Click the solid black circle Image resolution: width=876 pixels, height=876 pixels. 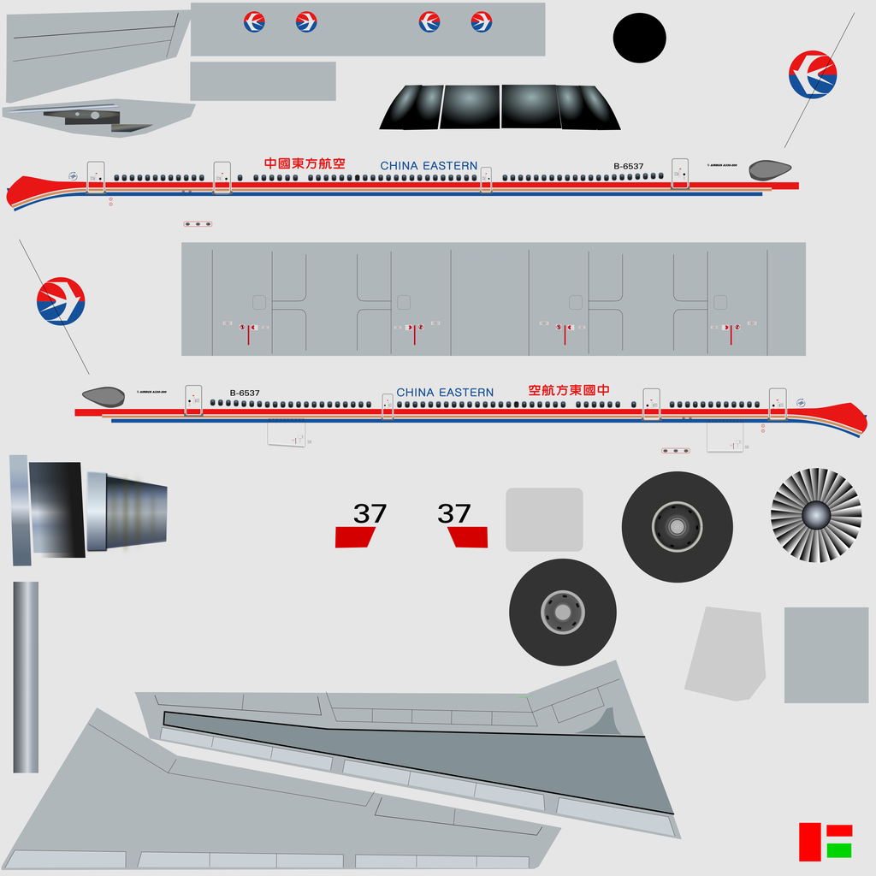[639, 38]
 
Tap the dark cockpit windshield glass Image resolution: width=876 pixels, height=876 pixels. [500, 107]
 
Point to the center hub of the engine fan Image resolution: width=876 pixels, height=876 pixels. [815, 515]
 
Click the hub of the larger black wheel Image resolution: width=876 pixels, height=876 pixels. [677, 527]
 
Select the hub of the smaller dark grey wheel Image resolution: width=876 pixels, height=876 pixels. [562, 613]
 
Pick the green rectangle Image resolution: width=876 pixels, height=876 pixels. [839, 850]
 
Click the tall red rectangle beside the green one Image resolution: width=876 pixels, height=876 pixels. [809, 842]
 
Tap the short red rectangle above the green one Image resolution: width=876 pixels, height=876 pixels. [839, 831]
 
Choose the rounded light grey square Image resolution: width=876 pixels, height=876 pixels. [544, 519]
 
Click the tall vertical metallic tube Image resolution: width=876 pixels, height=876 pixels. [26, 677]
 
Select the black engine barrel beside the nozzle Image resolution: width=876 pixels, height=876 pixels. [56, 510]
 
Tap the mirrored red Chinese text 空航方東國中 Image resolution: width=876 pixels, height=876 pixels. [569, 390]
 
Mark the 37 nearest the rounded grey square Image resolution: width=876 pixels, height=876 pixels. [454, 514]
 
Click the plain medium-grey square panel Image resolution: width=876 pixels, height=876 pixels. [826, 654]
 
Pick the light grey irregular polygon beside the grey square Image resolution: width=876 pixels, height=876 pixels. [725, 654]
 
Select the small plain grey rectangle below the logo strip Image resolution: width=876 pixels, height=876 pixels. [263, 81]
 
